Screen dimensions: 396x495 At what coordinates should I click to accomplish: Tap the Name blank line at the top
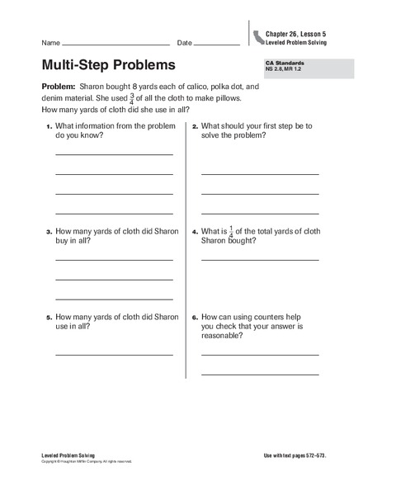[x=115, y=44]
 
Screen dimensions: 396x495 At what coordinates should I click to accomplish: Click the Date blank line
[x=217, y=44]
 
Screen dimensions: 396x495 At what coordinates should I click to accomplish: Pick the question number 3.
[x=49, y=233]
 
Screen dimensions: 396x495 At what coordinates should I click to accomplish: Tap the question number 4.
[x=195, y=233]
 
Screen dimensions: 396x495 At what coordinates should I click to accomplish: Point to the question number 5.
[x=49, y=317]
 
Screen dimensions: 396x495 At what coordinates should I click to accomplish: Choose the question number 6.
[x=195, y=317]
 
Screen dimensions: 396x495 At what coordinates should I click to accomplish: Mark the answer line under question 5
[x=114, y=355]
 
